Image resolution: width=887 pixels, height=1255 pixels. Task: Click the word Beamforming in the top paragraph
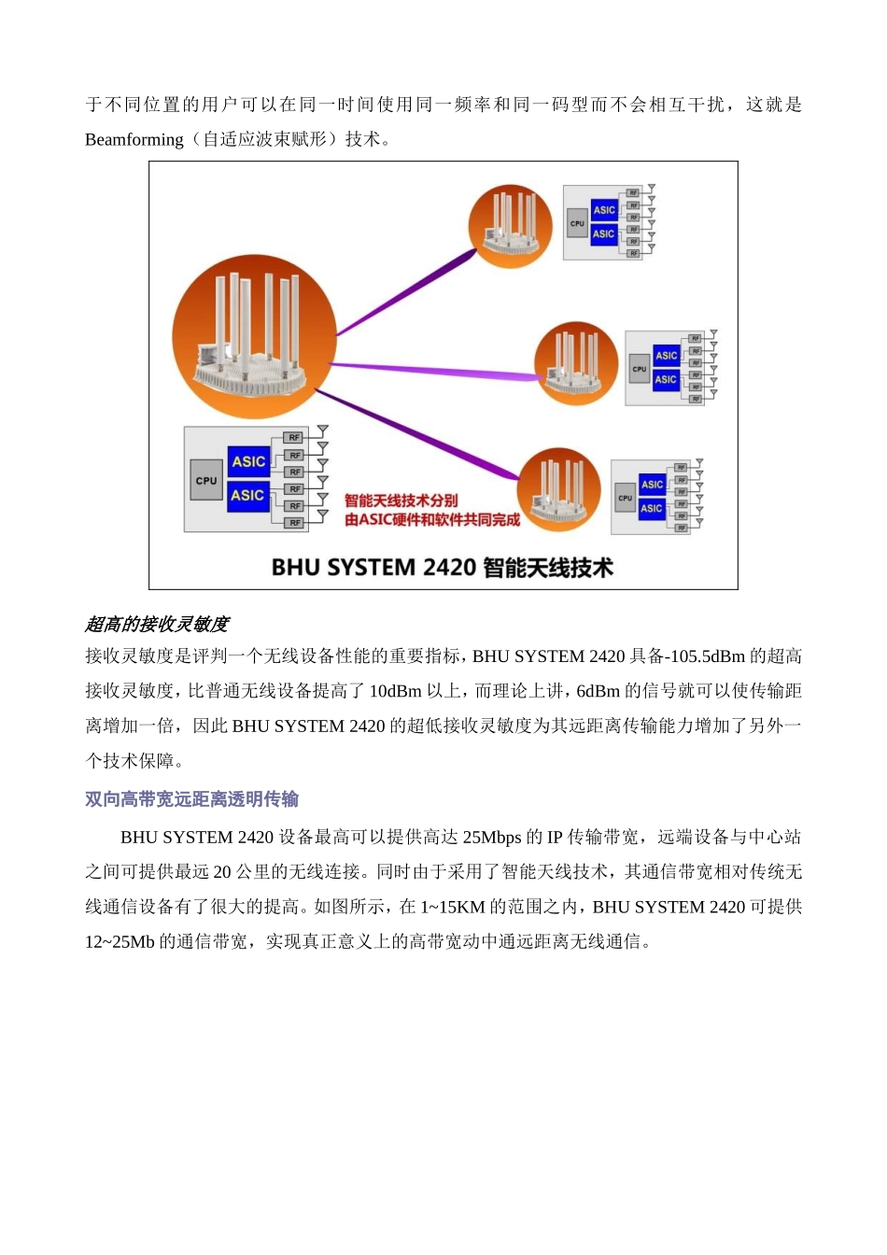pos(134,140)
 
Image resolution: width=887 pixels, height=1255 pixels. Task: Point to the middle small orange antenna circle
pos(575,364)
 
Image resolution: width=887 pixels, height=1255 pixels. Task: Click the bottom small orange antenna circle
pos(558,490)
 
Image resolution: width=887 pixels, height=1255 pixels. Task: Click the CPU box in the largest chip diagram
pos(206,481)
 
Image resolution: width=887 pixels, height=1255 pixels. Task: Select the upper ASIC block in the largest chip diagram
pos(248,461)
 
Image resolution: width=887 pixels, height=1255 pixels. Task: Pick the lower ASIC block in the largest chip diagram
pos(248,495)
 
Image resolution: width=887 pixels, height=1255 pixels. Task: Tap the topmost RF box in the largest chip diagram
pos(294,437)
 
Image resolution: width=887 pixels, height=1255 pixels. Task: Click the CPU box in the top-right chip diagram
pos(577,223)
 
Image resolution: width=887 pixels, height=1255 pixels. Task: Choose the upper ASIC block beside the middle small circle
pos(666,356)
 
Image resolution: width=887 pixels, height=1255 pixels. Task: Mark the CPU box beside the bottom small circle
pos(626,498)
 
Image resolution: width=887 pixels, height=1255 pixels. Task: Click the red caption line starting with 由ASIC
pos(431,520)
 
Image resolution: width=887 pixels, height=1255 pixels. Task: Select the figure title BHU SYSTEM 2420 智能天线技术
pos(442,568)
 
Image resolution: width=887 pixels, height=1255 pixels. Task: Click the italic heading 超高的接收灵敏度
pos(157,624)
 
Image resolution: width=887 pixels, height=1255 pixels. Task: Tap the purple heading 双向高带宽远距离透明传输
pos(191,799)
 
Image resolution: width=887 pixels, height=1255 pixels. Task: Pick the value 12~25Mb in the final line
pos(120,942)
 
